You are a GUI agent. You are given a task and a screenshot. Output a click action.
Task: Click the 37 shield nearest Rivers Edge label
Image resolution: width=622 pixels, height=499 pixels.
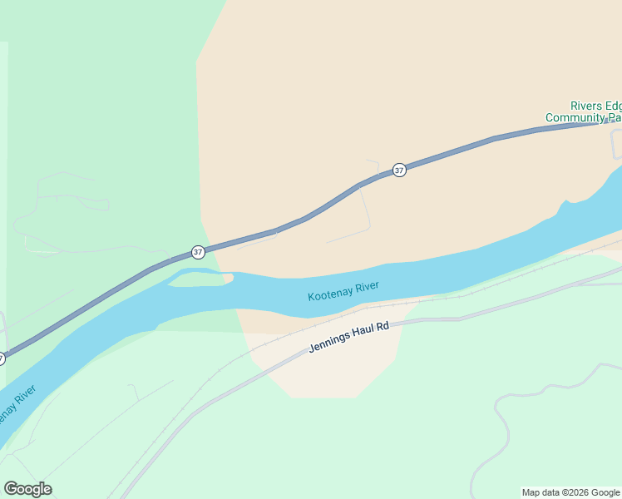tap(399, 170)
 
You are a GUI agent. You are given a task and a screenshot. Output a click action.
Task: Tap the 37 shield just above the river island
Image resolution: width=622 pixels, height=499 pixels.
tap(197, 251)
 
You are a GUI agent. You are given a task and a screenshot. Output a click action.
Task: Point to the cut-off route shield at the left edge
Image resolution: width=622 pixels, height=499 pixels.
tap(2, 358)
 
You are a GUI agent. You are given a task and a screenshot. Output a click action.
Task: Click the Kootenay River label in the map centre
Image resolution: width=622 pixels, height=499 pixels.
tap(343, 291)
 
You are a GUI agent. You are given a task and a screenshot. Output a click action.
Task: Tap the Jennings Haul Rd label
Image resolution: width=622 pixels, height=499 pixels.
tap(348, 338)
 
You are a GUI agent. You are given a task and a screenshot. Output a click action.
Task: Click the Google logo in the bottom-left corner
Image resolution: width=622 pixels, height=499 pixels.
tap(27, 489)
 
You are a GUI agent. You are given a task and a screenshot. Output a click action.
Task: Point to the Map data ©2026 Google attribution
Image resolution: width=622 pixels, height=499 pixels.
tap(571, 492)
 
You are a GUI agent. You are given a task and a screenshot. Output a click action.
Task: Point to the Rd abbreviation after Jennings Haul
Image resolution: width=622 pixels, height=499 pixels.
tap(383, 328)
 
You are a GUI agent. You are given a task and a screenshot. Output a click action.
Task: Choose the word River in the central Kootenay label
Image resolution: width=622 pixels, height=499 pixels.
tap(367, 287)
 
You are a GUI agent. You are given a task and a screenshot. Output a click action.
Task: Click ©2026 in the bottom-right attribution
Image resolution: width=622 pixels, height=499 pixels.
tap(574, 492)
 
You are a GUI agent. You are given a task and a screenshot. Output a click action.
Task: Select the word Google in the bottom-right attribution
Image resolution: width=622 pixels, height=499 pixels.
tap(605, 492)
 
